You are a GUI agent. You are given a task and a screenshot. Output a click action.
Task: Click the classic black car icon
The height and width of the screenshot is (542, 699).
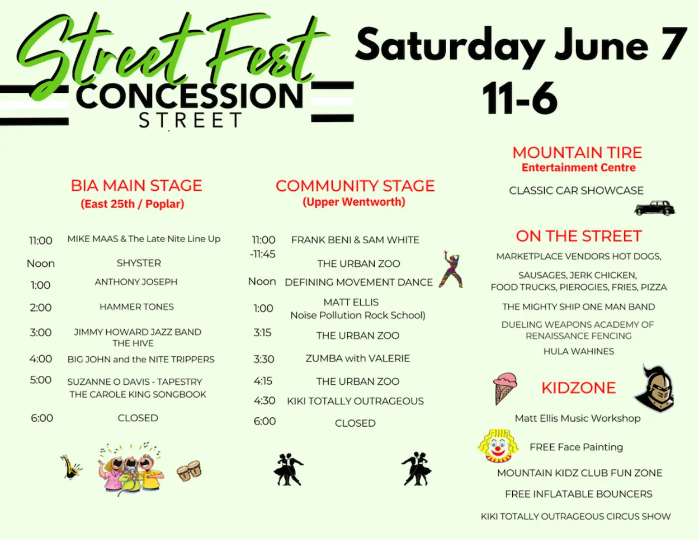654,208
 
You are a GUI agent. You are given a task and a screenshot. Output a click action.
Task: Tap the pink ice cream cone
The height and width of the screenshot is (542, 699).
504,388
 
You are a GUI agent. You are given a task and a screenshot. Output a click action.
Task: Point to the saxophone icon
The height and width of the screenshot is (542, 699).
70,466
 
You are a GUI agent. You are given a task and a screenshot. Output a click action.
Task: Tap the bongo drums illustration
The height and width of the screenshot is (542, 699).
189,472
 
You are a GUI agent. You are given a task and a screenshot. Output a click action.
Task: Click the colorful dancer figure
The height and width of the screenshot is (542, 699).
451,270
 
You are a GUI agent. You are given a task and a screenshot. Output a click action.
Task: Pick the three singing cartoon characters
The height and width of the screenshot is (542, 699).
131,468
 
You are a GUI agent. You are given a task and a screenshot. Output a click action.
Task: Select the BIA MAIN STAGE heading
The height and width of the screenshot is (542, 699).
136,186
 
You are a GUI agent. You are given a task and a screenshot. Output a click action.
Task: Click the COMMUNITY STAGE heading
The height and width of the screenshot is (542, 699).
355,186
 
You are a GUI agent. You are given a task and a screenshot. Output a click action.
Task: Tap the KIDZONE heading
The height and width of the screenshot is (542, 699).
578,388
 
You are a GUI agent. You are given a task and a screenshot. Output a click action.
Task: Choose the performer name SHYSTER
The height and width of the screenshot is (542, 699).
139,263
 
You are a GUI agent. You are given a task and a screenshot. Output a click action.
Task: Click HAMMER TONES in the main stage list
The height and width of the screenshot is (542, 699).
136,307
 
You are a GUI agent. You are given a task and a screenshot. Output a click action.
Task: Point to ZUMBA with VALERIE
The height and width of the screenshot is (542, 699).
357,358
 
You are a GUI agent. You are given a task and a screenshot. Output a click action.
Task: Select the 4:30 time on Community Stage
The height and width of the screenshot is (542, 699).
265,400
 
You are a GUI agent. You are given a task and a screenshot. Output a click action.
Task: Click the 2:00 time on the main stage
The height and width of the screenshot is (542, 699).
40,308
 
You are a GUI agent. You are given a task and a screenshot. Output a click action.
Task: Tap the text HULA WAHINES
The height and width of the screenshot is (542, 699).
578,351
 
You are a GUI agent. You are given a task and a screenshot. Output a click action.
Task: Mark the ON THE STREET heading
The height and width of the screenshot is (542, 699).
578,236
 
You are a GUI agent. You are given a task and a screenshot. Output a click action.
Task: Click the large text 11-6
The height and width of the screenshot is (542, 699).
520,98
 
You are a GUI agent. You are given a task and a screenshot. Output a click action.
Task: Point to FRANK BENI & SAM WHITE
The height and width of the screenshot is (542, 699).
355,240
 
